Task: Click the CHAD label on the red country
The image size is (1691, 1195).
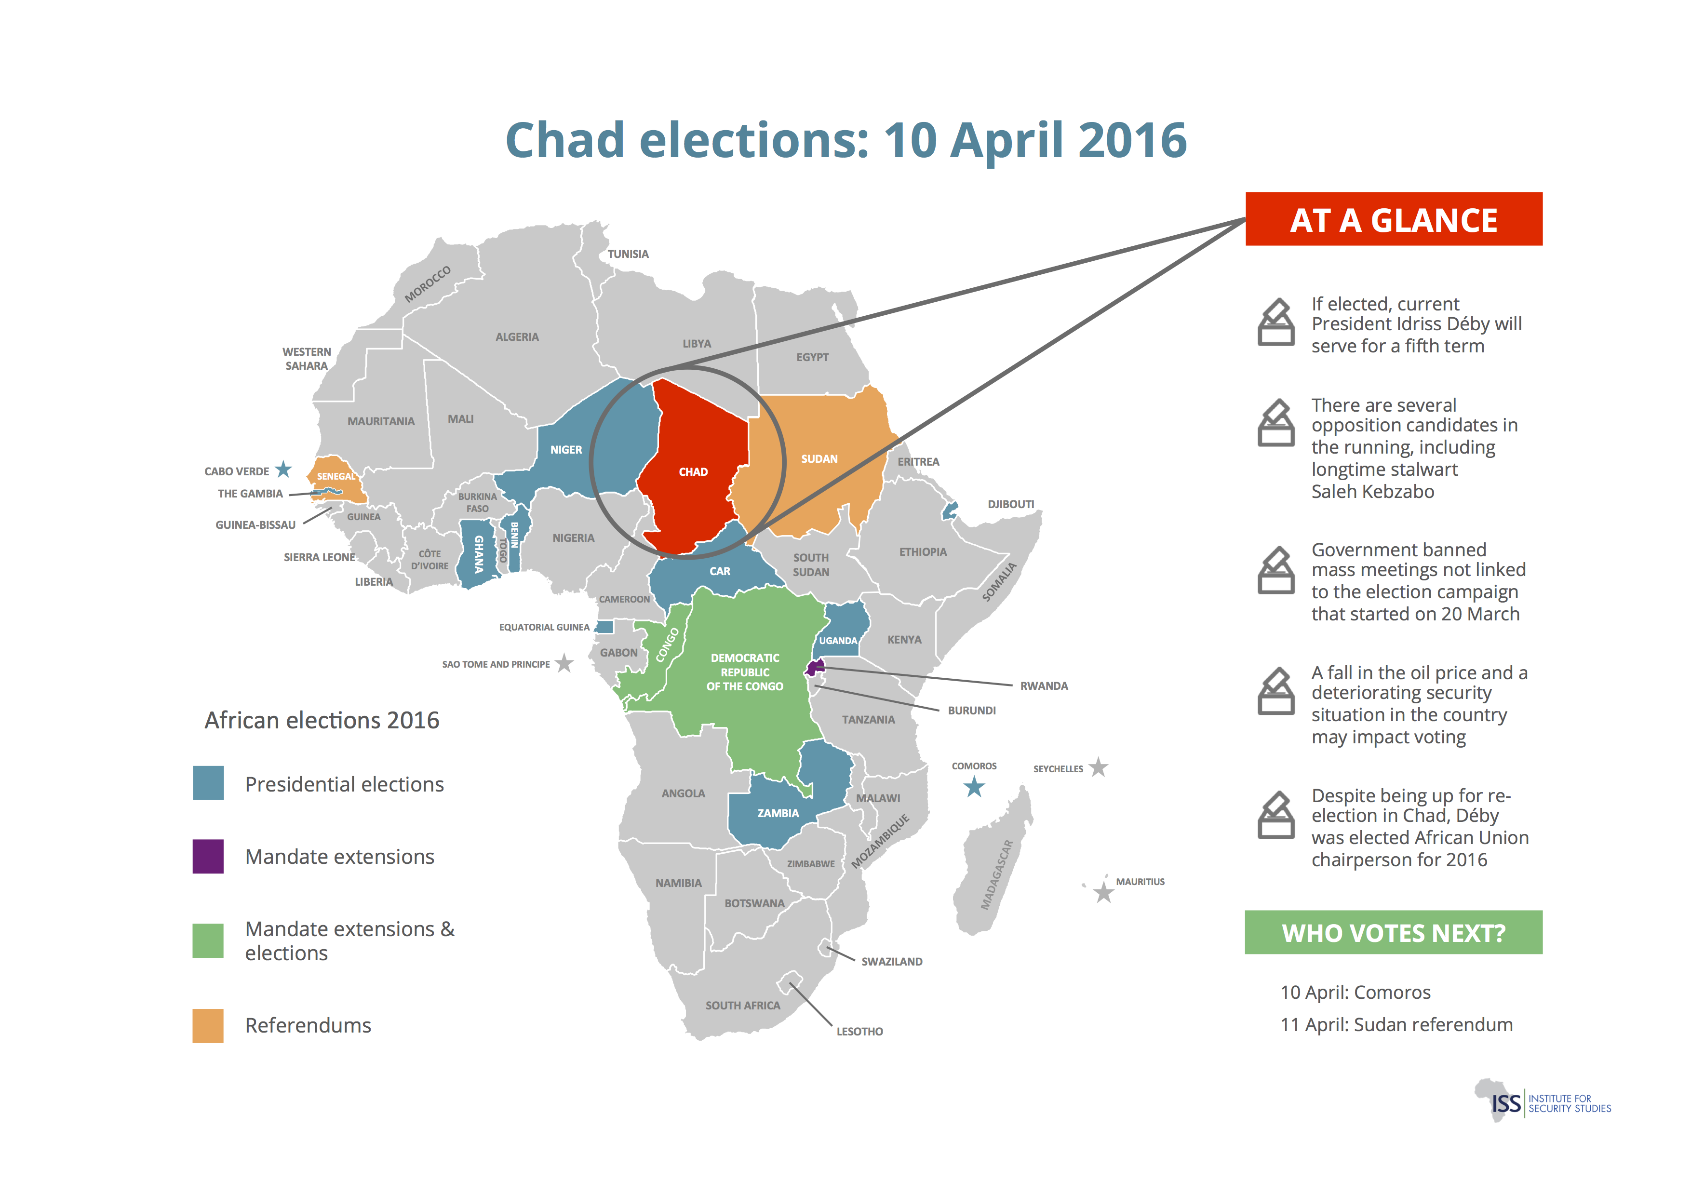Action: coord(692,472)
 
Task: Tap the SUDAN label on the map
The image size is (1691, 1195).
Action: coord(819,459)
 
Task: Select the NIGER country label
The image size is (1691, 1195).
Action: coord(565,450)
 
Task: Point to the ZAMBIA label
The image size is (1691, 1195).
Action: coord(778,813)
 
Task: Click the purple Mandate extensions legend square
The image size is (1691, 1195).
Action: coord(208,856)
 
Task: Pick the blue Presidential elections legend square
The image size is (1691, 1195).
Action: coord(208,783)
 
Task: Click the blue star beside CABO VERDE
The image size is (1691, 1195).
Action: coord(283,469)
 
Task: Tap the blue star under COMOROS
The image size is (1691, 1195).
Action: coord(974,788)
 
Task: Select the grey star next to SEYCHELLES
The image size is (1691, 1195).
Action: coord(1098,767)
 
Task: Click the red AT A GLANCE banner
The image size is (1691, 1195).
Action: coord(1394,219)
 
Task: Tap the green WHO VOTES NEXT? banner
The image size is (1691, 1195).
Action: coord(1394,932)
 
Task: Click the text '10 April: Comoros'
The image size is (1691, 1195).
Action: coord(1355,993)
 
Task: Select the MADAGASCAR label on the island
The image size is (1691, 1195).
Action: coord(996,875)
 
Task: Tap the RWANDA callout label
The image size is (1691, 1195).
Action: coord(1044,686)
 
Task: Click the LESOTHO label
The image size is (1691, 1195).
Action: coord(859,1032)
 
